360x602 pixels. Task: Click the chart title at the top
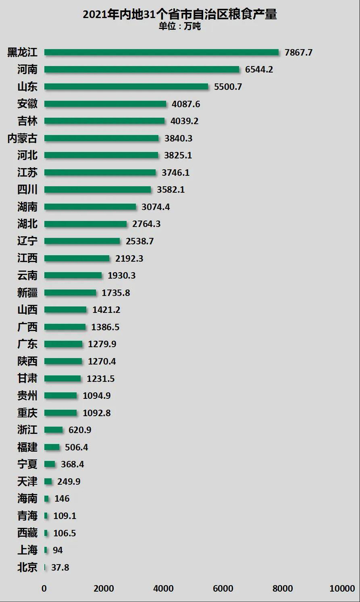click(179, 14)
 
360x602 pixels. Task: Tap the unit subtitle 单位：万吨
click(179, 27)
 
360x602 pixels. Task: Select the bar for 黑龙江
click(161, 52)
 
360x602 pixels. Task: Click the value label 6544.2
click(259, 69)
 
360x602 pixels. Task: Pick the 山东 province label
click(27, 86)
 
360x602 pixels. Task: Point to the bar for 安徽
click(105, 104)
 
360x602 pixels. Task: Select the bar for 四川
click(98, 189)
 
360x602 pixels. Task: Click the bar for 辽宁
click(82, 241)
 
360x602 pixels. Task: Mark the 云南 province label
click(27, 275)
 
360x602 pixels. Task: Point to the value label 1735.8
click(115, 293)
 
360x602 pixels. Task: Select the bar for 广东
click(63, 344)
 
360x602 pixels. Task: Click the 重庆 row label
click(27, 413)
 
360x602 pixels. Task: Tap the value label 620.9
click(80, 430)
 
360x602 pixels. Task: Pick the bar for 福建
click(52, 447)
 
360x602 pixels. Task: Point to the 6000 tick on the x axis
click(223, 589)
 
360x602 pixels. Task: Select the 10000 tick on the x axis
click(342, 589)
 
